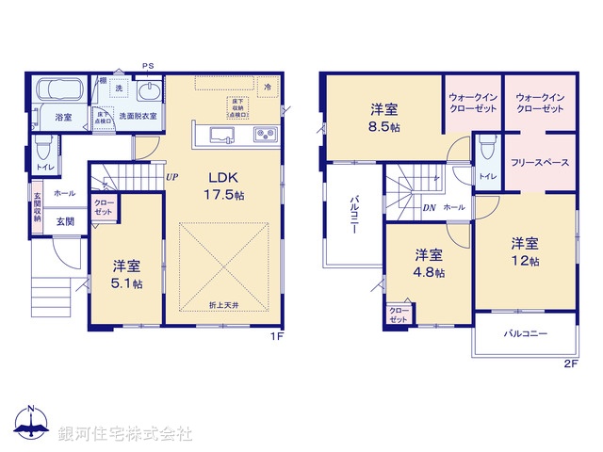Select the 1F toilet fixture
click(x=42, y=151)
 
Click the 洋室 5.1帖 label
click(x=125, y=274)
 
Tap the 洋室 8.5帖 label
click(x=383, y=116)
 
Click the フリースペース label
click(x=540, y=162)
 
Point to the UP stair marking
click(x=171, y=176)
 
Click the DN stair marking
click(x=428, y=207)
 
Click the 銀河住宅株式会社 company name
click(x=125, y=434)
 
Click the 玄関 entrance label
click(x=65, y=222)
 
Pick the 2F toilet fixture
click(x=486, y=151)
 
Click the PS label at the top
click(x=148, y=65)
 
